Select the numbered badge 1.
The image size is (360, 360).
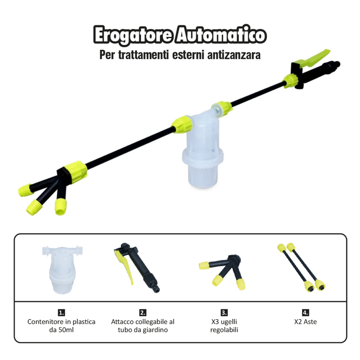62,313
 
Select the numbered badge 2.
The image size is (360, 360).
143,313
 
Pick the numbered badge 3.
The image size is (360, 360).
224,313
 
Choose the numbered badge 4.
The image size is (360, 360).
306,313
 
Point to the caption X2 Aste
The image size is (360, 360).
306,322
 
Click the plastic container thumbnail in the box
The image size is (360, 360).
62,269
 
